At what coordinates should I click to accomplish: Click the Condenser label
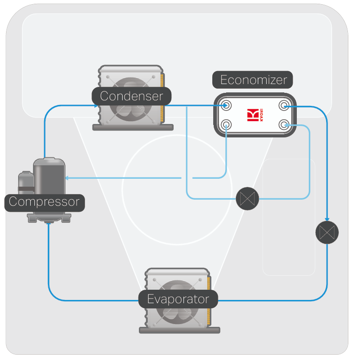coord(131,96)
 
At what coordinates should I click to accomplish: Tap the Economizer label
coord(253,80)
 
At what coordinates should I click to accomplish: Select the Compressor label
coord(44,202)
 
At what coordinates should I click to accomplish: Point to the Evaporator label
coord(178,299)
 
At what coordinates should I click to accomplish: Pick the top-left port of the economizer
coord(227,105)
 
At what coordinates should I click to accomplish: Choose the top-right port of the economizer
coord(283,106)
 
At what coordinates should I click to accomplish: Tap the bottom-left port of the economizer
coord(227,124)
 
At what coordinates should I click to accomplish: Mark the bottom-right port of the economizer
coord(283,124)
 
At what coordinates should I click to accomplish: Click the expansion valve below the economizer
coord(247,199)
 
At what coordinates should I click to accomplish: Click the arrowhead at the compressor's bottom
coord(49,225)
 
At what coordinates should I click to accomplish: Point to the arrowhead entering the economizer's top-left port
coord(224,105)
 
